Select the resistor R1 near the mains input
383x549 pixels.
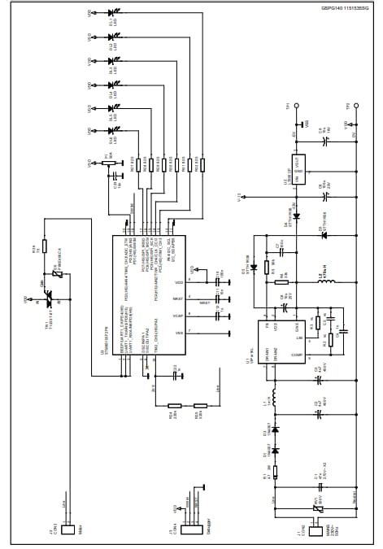point(275,471)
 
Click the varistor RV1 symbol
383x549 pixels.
point(318,509)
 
